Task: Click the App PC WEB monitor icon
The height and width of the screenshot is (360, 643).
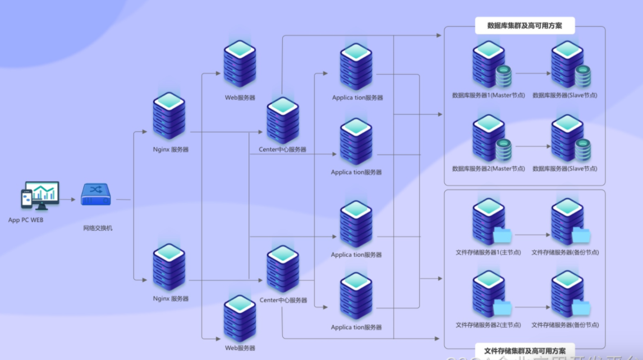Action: pos(44,193)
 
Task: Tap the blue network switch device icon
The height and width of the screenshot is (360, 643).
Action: pos(96,194)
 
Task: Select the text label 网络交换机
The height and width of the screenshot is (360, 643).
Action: pos(98,228)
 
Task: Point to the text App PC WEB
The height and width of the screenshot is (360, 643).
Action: pos(26,220)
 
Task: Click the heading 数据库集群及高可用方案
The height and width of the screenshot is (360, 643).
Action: pos(525,26)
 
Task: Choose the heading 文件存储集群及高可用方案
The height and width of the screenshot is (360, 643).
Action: pos(525,350)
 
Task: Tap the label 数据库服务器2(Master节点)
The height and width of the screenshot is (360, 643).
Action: pos(488,169)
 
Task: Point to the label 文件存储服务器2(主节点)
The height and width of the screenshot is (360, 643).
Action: pos(488,325)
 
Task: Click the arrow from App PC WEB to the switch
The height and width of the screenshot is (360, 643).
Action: pos(68,199)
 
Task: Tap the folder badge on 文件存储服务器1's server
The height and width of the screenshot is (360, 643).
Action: pos(503,235)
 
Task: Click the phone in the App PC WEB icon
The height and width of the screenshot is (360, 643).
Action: pos(26,199)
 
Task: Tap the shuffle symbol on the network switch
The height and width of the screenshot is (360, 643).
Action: pos(96,190)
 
